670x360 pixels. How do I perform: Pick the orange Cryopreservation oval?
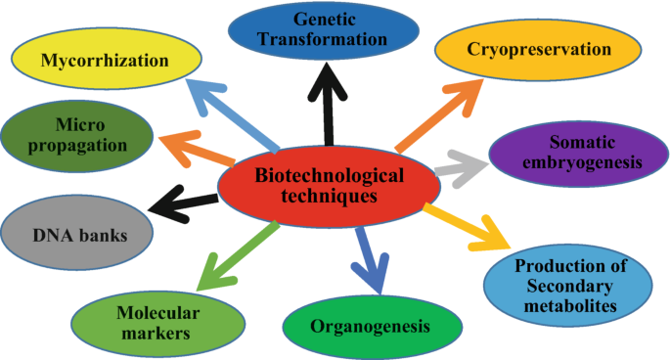coord(538,50)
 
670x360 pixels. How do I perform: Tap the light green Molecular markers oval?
coord(157,322)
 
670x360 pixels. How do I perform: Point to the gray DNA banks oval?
coord(77,235)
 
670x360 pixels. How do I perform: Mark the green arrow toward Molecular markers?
coord(240,255)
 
